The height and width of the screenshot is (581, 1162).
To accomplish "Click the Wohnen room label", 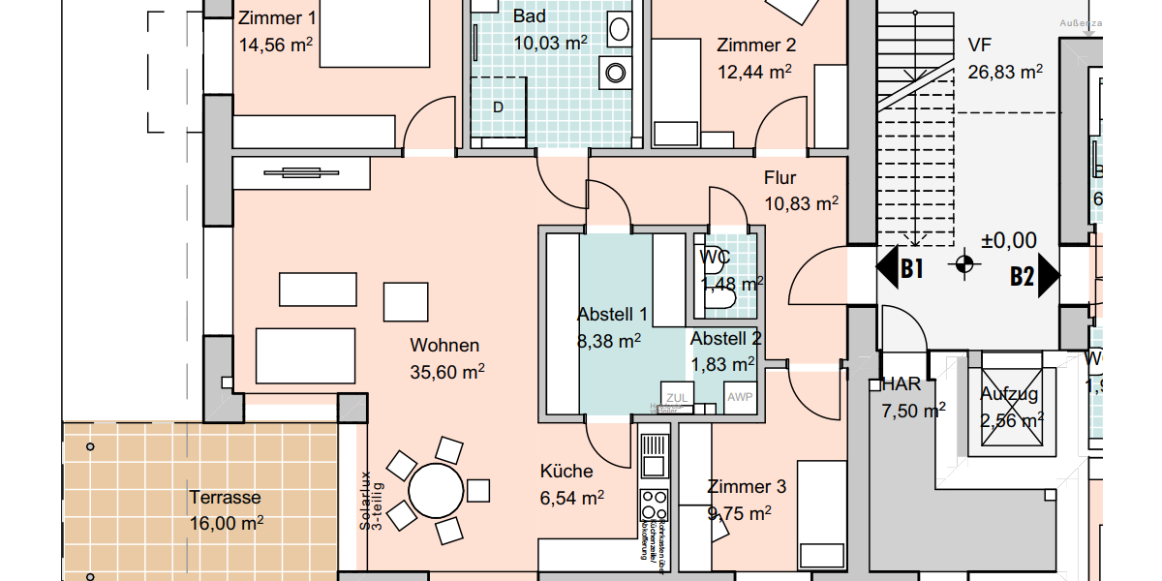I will pyautogui.click(x=444, y=346).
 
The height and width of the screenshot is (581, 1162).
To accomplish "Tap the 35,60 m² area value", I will pyautogui.click(x=446, y=371).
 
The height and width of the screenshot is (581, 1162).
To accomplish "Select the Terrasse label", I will pyautogui.click(x=225, y=498).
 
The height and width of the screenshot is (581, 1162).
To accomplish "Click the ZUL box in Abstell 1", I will pyautogui.click(x=676, y=397).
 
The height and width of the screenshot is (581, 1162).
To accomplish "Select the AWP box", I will pyautogui.click(x=739, y=397).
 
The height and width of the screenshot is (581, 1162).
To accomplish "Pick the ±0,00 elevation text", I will pyautogui.click(x=1008, y=241).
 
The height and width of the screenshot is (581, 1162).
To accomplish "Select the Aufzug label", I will pyautogui.click(x=1009, y=394).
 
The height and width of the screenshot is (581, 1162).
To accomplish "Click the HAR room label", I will pyautogui.click(x=901, y=384).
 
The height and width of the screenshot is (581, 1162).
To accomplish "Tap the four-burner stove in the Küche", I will pyautogui.click(x=654, y=505).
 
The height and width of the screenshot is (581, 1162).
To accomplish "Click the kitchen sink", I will pyautogui.click(x=654, y=455).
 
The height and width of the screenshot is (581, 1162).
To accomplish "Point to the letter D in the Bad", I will pyautogui.click(x=498, y=107).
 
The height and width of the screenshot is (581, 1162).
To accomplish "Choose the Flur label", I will pyautogui.click(x=780, y=178).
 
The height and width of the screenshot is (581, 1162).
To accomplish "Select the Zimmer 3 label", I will pyautogui.click(x=747, y=487).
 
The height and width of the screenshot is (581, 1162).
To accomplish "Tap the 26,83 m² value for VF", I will pyautogui.click(x=1005, y=72).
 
